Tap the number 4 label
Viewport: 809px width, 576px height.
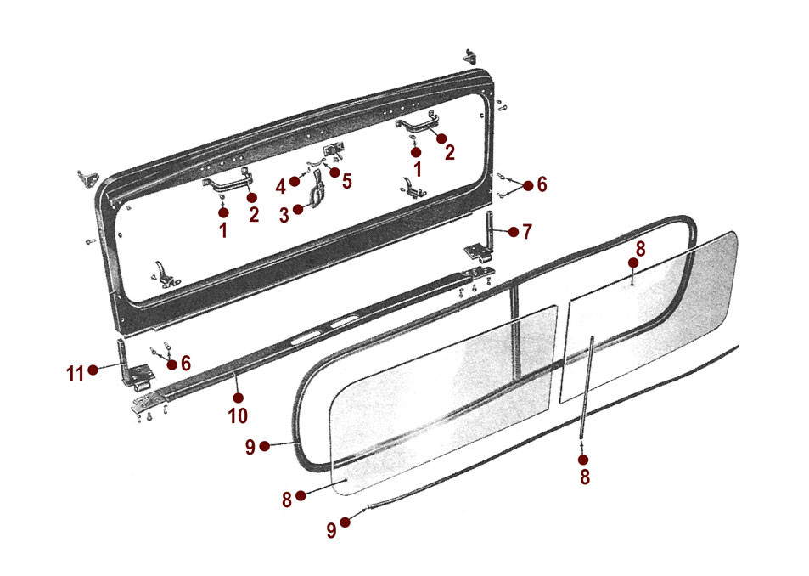point(281,185)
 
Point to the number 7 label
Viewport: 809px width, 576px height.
point(527,231)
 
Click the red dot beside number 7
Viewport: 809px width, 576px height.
point(513,230)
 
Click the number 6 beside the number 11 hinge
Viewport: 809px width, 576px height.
point(185,363)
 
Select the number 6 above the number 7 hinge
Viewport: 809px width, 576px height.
point(542,186)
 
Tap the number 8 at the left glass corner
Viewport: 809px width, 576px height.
point(287,499)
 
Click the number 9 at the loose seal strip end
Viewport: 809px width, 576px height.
point(331,529)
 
